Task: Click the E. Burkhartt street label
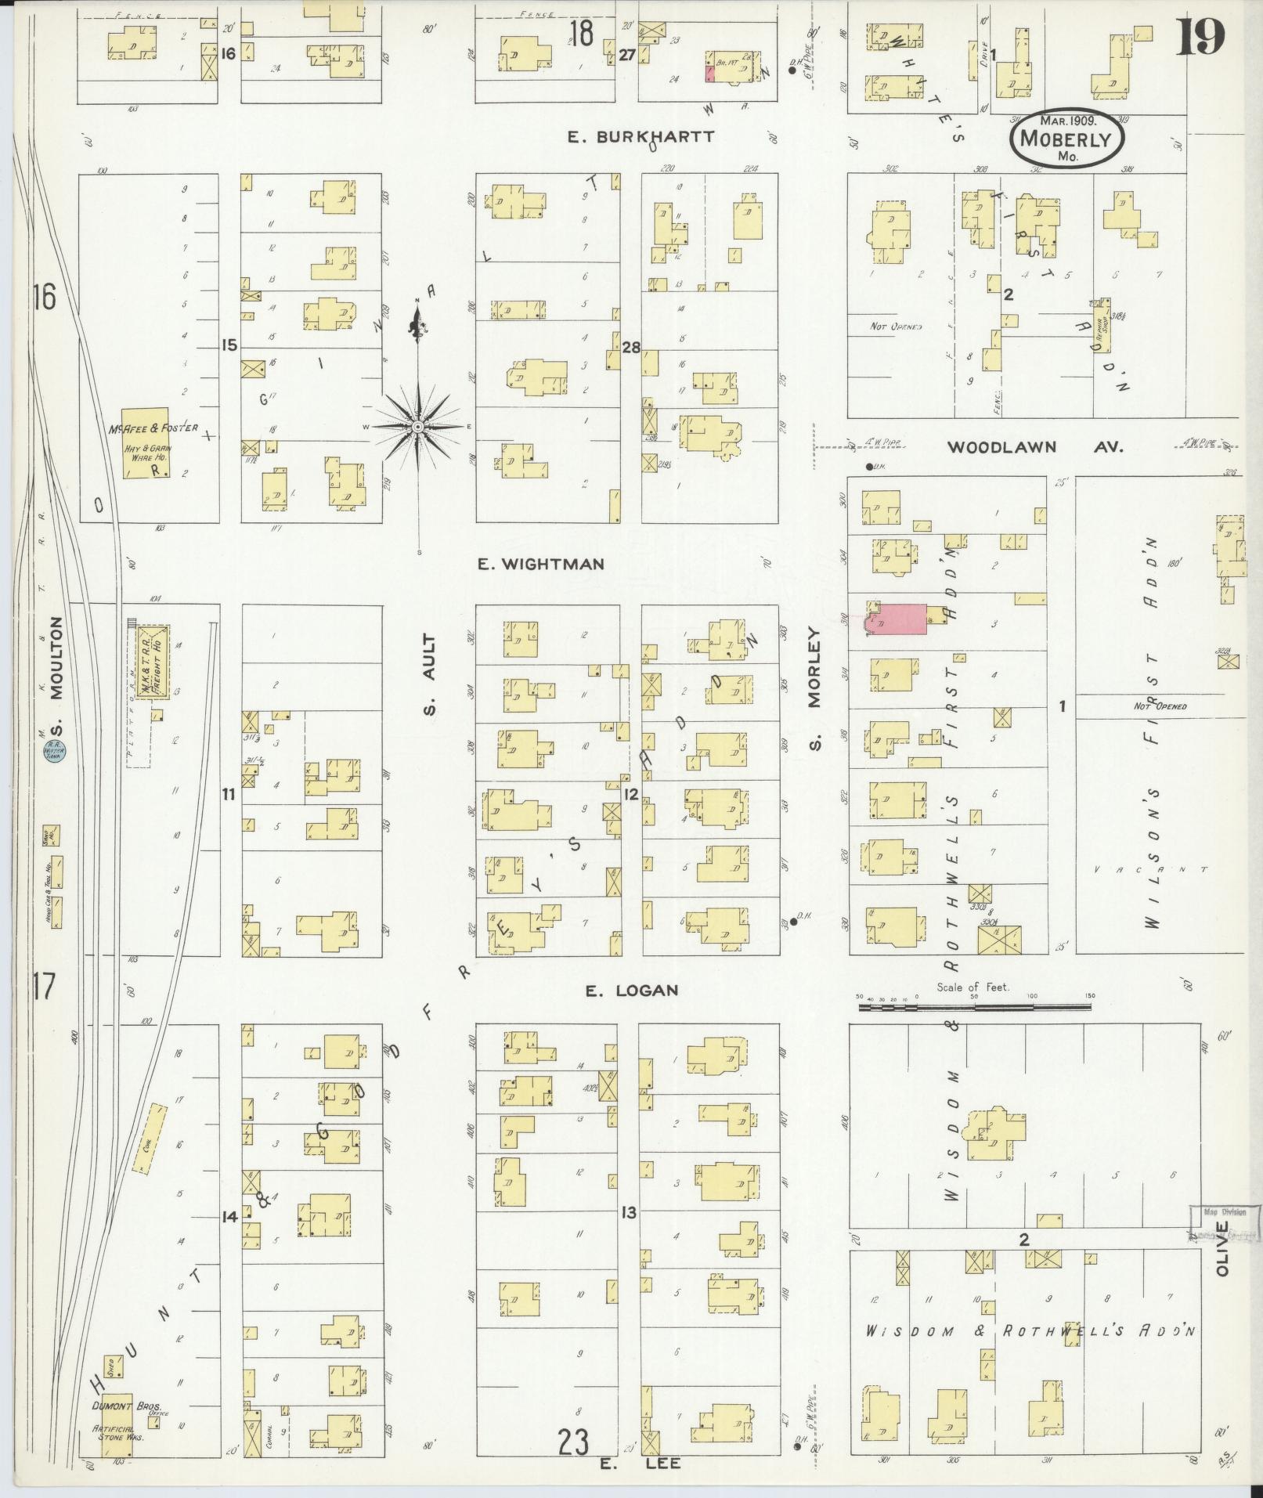pos(641,136)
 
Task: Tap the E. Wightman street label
pos(542,564)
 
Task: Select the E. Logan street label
pos(631,991)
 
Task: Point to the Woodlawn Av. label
pos(1035,447)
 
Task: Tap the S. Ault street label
pos(431,675)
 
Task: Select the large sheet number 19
pos(1200,38)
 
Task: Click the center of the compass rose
pos(418,426)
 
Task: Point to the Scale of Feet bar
pos(975,1007)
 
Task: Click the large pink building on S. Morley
pos(897,619)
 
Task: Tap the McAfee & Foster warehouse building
pos(146,442)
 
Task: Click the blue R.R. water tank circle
pos(55,749)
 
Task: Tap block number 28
pos(631,348)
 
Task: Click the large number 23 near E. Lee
pos(573,1441)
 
